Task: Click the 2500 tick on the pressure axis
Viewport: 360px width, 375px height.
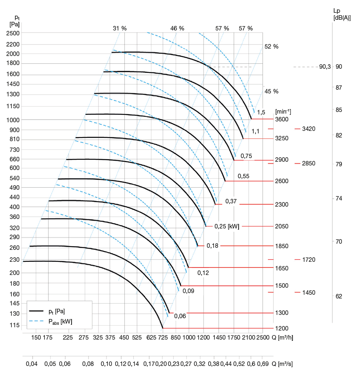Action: click(14, 33)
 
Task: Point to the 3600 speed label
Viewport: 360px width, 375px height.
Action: click(282, 119)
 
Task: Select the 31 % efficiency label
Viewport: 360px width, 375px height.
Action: click(120, 28)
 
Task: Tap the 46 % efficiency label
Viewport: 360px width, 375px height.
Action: click(177, 28)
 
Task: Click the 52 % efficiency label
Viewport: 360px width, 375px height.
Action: click(272, 47)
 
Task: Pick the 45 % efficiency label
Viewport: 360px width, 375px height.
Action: click(272, 91)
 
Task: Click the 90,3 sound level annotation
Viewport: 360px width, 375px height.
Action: click(325, 67)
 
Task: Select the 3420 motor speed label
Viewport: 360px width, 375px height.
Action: click(308, 129)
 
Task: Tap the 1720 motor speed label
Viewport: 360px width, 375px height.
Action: click(308, 260)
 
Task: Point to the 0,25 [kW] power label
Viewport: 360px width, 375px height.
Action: click(227, 226)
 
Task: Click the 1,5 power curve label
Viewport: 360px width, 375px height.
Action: click(261, 112)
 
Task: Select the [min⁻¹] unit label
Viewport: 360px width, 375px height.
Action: click(283, 111)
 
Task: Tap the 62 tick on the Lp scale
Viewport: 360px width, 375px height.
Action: click(339, 296)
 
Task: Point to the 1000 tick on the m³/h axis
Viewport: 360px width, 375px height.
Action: click(189, 338)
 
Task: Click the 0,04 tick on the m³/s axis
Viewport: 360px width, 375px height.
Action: click(32, 364)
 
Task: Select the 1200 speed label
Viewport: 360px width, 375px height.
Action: click(282, 328)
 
